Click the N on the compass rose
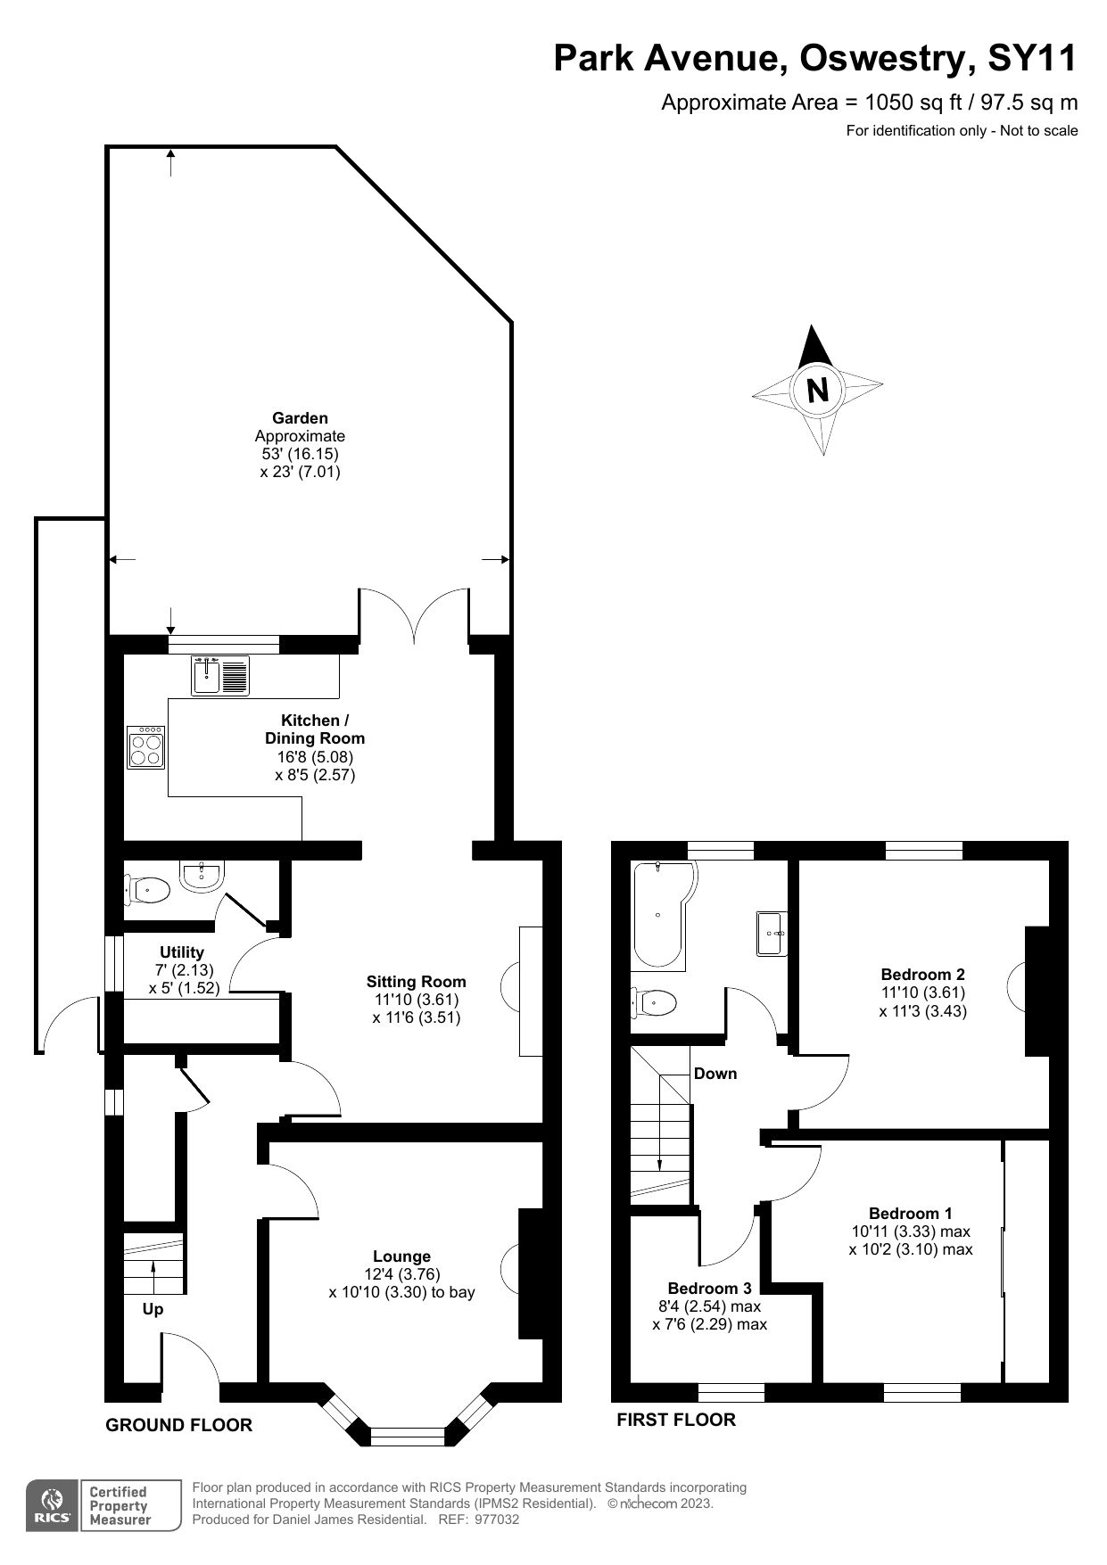point(817,390)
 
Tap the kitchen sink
point(219,675)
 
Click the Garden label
point(300,417)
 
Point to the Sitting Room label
point(416,982)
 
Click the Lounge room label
point(401,1256)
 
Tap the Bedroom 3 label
point(709,1288)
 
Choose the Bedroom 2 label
point(922,974)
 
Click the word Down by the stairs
point(715,1073)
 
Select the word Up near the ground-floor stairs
point(153,1310)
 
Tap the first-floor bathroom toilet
point(654,1002)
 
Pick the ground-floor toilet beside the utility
point(147,889)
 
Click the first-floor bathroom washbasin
point(772,934)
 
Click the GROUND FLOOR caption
point(178,1425)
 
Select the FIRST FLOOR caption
point(676,1420)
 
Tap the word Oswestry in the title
point(883,58)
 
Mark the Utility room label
point(182,952)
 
